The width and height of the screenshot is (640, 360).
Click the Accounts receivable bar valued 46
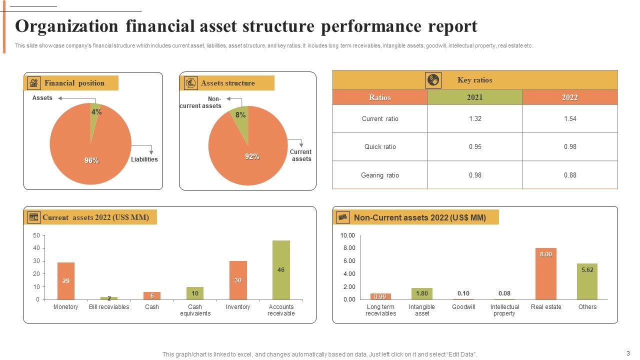(x=281, y=270)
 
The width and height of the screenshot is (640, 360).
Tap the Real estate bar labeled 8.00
(x=546, y=274)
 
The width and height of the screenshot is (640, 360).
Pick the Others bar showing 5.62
(x=587, y=281)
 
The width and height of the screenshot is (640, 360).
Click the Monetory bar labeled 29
(x=66, y=281)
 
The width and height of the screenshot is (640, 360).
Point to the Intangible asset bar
(x=422, y=293)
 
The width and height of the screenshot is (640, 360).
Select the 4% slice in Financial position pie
(x=94, y=115)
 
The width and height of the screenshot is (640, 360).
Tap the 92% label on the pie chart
(x=252, y=156)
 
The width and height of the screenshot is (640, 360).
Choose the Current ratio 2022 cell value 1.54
(x=570, y=118)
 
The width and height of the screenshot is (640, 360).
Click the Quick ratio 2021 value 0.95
(x=475, y=146)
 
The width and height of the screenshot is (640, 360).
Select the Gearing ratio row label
(x=380, y=175)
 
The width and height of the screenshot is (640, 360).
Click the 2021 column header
(x=475, y=97)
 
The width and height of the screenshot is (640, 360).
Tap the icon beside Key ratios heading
(x=433, y=80)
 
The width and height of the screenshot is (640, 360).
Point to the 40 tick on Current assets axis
(x=36, y=248)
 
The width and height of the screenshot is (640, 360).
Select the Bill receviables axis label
(x=109, y=307)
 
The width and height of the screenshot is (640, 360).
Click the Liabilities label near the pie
(x=144, y=159)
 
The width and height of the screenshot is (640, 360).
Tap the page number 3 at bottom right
(x=628, y=352)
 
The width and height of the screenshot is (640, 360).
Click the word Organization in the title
(x=67, y=26)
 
